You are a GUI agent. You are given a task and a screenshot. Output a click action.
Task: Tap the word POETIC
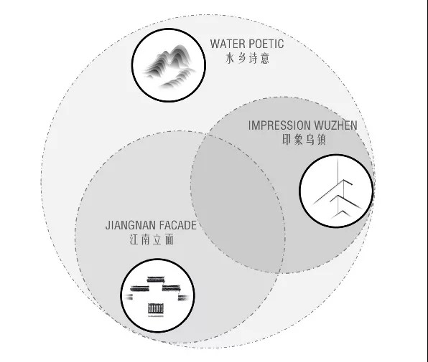point(266,44)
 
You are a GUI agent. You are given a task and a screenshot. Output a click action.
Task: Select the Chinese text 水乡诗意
point(247,58)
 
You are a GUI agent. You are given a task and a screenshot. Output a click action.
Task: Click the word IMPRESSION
point(279,125)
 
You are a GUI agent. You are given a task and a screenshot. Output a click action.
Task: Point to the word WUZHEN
point(336,125)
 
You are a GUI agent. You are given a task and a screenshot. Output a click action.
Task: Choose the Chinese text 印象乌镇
point(304,140)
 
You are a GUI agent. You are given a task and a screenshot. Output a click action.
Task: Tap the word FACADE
point(177,225)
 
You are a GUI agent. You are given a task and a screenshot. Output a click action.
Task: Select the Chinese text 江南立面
point(152,239)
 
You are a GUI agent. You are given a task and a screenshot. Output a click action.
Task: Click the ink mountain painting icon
point(169,66)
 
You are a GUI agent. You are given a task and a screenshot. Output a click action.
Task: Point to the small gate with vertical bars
point(156,310)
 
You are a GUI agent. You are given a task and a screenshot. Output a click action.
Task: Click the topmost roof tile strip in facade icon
point(156,280)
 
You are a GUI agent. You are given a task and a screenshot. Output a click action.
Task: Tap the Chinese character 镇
point(321,140)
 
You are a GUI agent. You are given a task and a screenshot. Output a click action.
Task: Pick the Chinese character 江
point(134,239)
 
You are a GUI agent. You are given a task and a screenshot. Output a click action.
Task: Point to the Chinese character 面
point(169,239)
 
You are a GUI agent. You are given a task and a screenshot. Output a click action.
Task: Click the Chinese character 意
point(264,58)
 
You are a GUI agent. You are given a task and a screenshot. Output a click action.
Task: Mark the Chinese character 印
point(287,140)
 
